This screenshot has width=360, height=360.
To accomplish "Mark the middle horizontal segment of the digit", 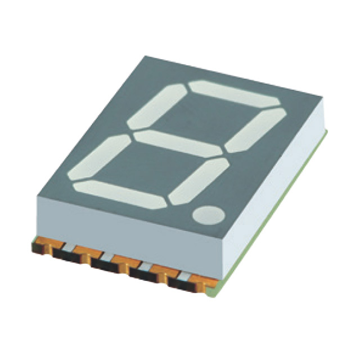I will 177,143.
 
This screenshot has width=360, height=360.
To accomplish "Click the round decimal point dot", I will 208,215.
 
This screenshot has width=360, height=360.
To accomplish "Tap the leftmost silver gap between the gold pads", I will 65,246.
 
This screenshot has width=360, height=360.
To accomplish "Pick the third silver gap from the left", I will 145,264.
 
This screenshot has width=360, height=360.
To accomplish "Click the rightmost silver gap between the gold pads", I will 184,274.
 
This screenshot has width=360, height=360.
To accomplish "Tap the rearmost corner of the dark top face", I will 145,57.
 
